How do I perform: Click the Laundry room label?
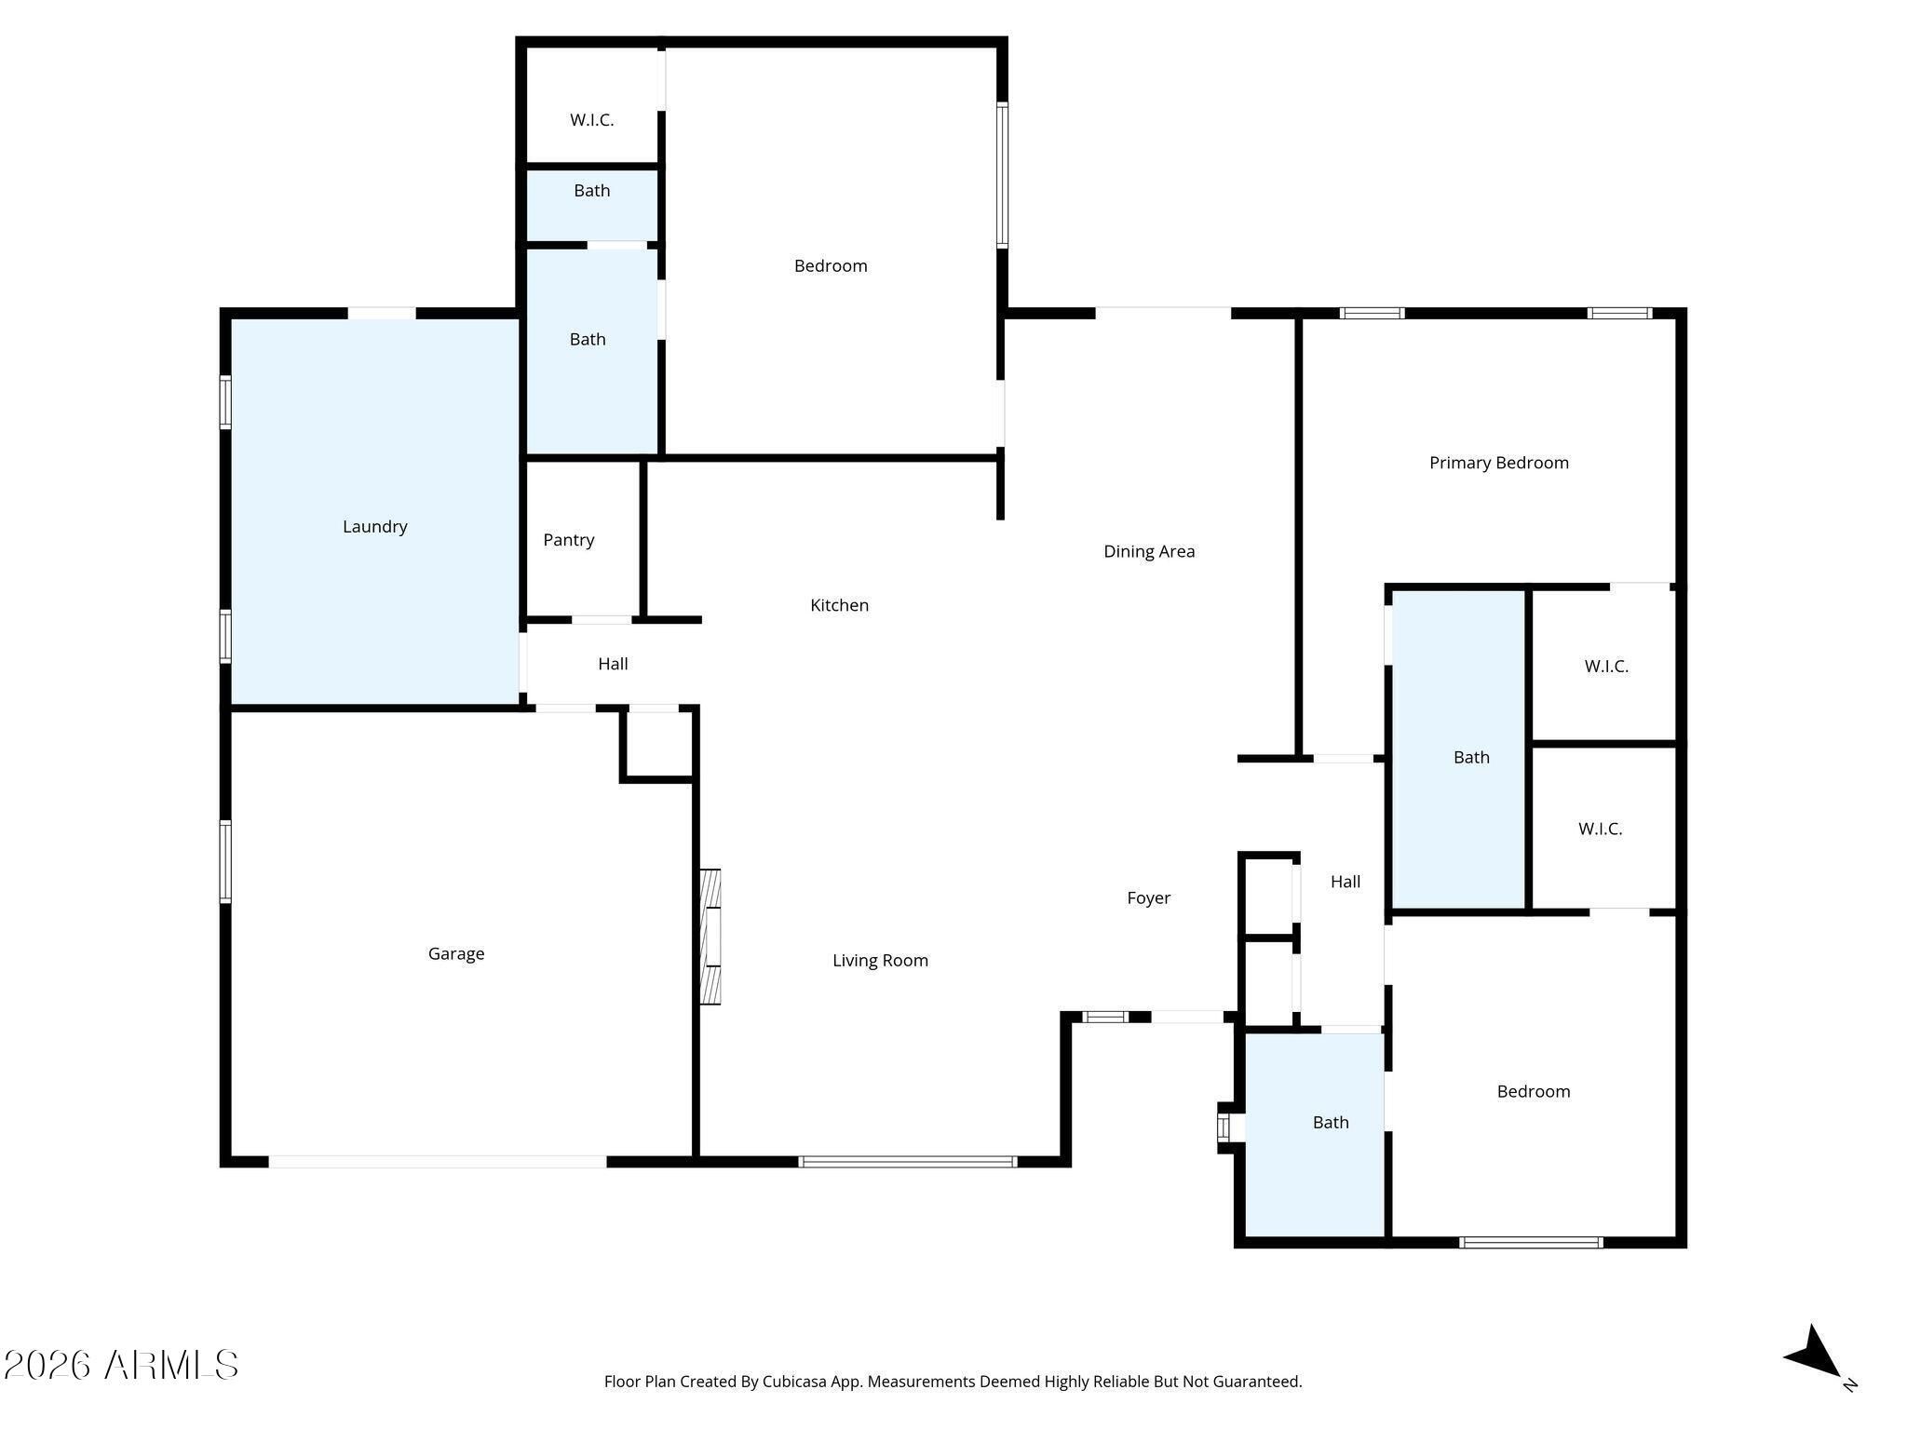coord(375,527)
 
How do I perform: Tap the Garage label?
coord(456,953)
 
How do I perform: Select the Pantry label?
coord(569,540)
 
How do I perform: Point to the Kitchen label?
coord(840,605)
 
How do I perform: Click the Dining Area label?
coord(1149,551)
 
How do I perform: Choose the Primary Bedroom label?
coord(1499,463)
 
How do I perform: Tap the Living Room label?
coord(881,961)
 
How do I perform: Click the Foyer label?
coord(1149,898)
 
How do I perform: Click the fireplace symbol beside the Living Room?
coord(710,937)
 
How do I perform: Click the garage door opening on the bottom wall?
coord(438,1162)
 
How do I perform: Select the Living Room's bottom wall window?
coord(907,1162)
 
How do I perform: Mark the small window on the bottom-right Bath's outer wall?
coord(1224,1127)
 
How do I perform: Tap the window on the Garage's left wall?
coord(225,861)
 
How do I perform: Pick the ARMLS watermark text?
coord(121,1366)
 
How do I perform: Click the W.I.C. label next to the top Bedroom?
coord(592,120)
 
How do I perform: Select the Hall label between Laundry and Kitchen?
coord(613,664)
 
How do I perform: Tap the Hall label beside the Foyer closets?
coord(1346,882)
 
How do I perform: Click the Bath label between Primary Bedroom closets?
coord(1471,758)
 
